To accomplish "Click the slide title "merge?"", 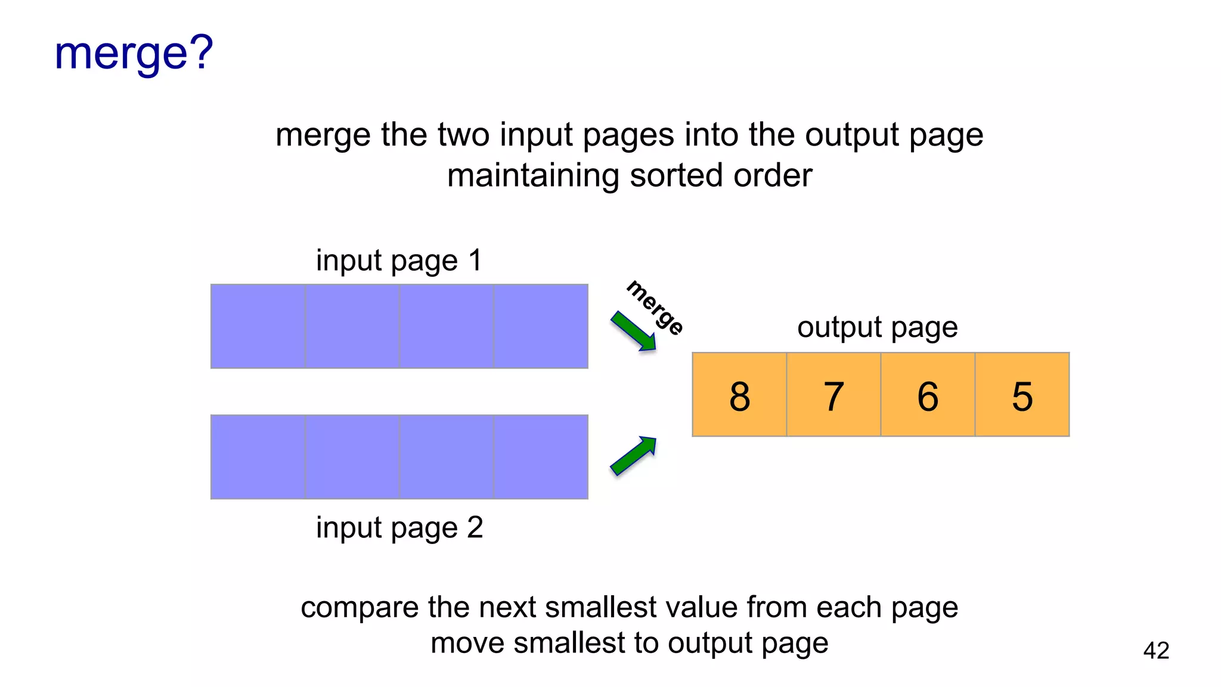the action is coord(134,54).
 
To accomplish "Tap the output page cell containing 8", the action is coord(739,395).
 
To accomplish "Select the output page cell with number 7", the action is coord(833,395).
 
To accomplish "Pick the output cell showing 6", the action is coord(928,395).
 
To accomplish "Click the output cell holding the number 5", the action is coord(1022,395).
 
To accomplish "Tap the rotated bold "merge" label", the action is coord(655,308).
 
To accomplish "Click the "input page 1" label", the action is coord(399,261).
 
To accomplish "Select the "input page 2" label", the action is coord(399,528).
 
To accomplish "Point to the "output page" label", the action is coord(877,327).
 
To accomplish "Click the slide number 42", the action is coord(1156,650).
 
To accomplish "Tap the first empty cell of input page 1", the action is coord(258,326).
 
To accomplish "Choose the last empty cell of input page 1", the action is coord(541,326).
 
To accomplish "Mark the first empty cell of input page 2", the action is coord(258,457).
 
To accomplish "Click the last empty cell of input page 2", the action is coord(541,457).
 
